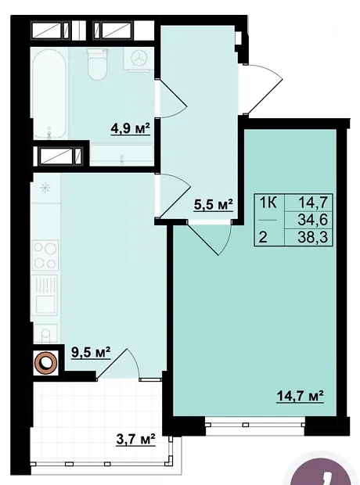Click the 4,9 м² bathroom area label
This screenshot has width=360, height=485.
pyautogui.click(x=131, y=128)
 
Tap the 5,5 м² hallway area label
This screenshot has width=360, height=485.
pyautogui.click(x=214, y=204)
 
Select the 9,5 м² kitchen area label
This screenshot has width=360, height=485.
pyautogui.click(x=91, y=353)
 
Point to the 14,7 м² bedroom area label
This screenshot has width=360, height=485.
pyautogui.click(x=300, y=397)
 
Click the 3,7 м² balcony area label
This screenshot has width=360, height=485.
pyautogui.click(x=135, y=439)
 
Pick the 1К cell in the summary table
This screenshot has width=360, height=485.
pyautogui.click(x=268, y=203)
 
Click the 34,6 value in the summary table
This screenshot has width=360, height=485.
pyautogui.click(x=312, y=221)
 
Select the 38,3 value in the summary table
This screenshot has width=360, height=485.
pyautogui.click(x=312, y=238)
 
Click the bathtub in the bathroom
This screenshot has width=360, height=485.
pyautogui.click(x=49, y=93)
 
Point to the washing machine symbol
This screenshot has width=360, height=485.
pyautogui.click(x=139, y=59)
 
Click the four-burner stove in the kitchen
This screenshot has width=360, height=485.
pyautogui.click(x=45, y=255)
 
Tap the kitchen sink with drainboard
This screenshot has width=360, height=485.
pyautogui.click(x=45, y=295)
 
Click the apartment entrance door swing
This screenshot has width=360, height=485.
pyautogui.click(x=262, y=89)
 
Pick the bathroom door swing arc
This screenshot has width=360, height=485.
pyautogui.click(x=172, y=99)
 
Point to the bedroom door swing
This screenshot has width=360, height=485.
pyautogui.click(x=211, y=239)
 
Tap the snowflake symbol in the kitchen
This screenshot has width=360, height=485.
pyautogui.click(x=45, y=188)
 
